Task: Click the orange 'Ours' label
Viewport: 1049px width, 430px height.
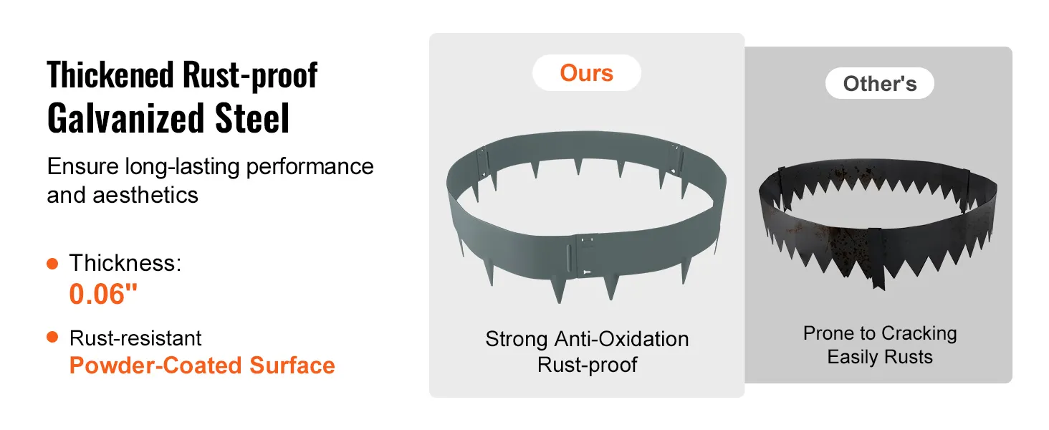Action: coord(586,73)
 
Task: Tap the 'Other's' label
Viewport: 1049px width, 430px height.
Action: coord(879,84)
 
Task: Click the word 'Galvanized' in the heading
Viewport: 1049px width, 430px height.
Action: coord(125,118)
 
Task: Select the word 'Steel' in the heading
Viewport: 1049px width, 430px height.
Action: coord(252,118)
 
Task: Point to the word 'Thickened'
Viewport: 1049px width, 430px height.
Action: coord(110,75)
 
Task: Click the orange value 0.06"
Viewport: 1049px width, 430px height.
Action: coord(103,294)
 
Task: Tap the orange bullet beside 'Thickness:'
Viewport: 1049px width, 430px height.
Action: coord(52,264)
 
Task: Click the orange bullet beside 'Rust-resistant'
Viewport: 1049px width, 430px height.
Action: coord(52,337)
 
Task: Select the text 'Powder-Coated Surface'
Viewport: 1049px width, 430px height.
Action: coord(202,365)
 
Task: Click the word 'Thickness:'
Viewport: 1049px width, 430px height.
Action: coord(125,263)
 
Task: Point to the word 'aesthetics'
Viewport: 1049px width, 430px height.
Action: coord(145,195)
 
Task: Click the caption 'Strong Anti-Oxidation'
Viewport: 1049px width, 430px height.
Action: coord(587,339)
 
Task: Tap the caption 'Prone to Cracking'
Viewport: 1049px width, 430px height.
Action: coord(880,333)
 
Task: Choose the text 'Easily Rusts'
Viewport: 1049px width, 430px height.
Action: coord(880,357)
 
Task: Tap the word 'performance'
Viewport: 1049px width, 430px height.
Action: coord(310,167)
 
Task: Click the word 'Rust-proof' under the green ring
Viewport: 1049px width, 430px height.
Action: coord(587,364)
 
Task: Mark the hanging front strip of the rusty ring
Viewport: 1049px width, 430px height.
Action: coord(876,257)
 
